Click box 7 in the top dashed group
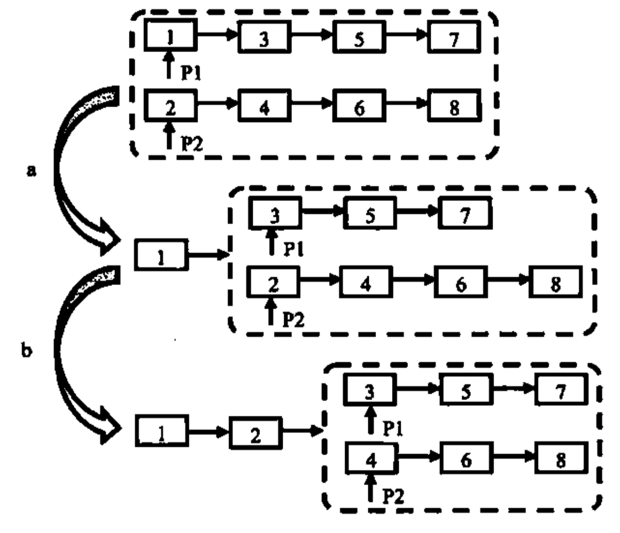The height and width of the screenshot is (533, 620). tap(454, 38)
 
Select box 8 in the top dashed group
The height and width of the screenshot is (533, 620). tap(454, 107)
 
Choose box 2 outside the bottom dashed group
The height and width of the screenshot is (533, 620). tap(255, 434)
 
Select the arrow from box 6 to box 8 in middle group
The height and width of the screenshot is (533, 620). tap(508, 282)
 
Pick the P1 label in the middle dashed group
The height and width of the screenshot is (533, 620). tap(293, 248)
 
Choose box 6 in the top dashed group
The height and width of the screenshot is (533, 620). tap(359, 107)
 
